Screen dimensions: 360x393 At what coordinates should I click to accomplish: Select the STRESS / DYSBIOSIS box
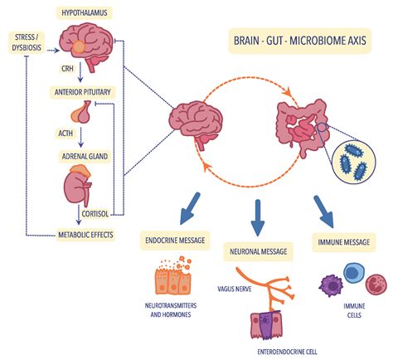tap(27, 41)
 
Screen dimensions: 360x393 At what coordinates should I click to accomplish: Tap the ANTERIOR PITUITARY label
tap(84, 91)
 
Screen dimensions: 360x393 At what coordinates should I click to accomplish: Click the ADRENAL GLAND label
tap(84, 155)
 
